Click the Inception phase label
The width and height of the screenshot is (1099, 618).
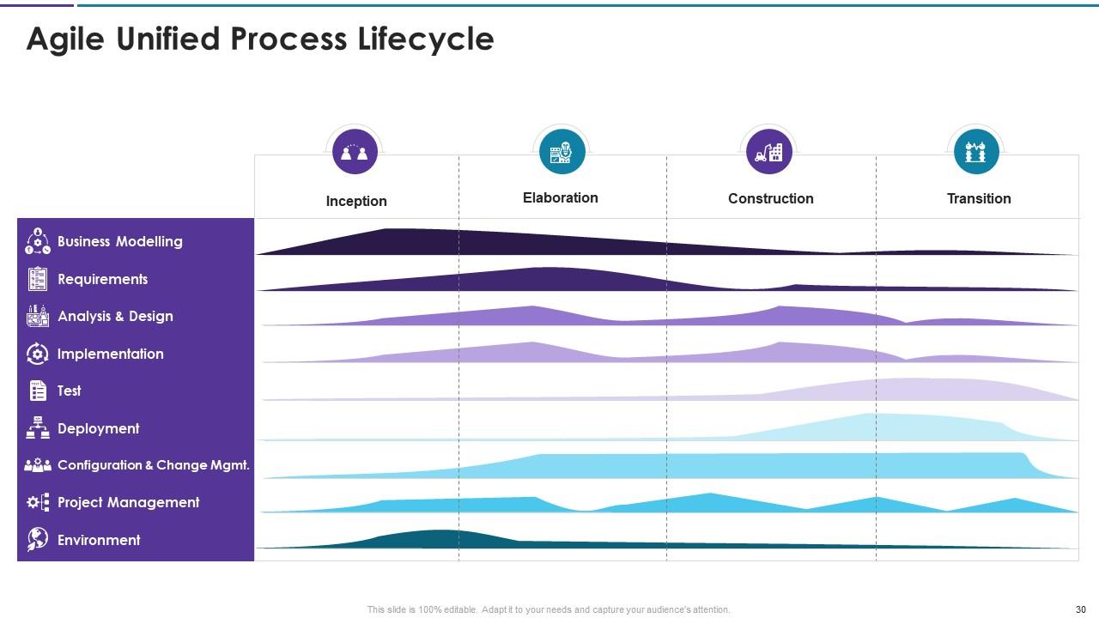point(356,201)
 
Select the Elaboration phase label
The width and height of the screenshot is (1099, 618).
point(560,197)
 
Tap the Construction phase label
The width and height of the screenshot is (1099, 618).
point(770,198)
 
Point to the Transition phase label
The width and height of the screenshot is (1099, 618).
point(978,198)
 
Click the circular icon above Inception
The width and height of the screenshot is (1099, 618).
point(355,152)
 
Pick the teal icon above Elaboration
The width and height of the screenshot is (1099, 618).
point(562,152)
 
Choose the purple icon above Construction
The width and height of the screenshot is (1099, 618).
point(769,152)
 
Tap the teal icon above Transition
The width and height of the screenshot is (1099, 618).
point(976,152)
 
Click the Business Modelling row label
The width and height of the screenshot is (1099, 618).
point(119,241)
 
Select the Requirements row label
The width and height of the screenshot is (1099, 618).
point(102,279)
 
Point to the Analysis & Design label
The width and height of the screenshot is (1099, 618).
point(115,316)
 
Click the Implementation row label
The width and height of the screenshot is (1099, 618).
point(110,354)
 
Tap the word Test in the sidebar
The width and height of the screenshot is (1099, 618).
point(69,391)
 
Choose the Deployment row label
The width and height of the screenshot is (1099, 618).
point(98,428)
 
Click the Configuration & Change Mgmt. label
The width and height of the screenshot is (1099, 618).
point(153,465)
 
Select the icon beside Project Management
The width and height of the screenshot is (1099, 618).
point(38,502)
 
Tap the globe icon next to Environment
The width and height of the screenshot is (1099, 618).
point(38,539)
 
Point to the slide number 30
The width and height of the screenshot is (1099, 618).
point(1080,609)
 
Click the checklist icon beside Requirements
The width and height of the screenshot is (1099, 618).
point(38,279)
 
